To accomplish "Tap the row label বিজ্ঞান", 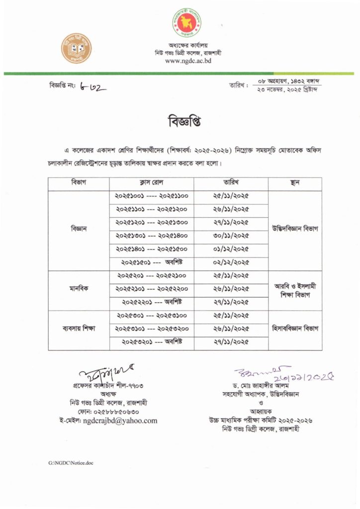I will (79, 230).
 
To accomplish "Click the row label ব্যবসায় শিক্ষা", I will (79, 329).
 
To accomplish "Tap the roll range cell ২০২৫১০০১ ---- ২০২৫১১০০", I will (151, 196).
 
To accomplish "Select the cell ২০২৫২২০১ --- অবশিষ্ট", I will (151, 302).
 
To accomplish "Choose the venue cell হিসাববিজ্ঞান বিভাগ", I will (294, 329).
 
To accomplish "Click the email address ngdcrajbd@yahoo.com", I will (121, 421).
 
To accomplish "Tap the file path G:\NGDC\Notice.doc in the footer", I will (71, 463).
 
